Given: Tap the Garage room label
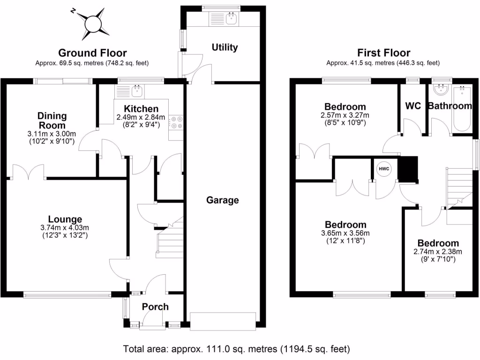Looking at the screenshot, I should [x=223, y=201].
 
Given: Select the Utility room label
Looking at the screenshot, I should [x=225, y=47].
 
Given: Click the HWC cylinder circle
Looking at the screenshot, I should [x=384, y=169].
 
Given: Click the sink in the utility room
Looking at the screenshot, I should [x=231, y=19].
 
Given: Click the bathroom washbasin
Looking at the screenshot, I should [x=441, y=90].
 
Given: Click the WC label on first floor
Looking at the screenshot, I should [x=412, y=105].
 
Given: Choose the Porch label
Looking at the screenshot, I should [x=155, y=307].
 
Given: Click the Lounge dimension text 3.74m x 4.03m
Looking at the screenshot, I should [x=65, y=228].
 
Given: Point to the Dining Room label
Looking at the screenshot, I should [x=52, y=120].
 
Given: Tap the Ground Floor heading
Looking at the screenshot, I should [x=92, y=53].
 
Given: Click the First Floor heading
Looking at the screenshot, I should [x=383, y=53].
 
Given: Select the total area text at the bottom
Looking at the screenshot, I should [x=236, y=349].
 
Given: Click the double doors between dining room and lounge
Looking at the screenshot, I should [x=29, y=172].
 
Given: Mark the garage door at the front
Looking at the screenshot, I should [x=223, y=320].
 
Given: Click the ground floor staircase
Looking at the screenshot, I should [x=169, y=241].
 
